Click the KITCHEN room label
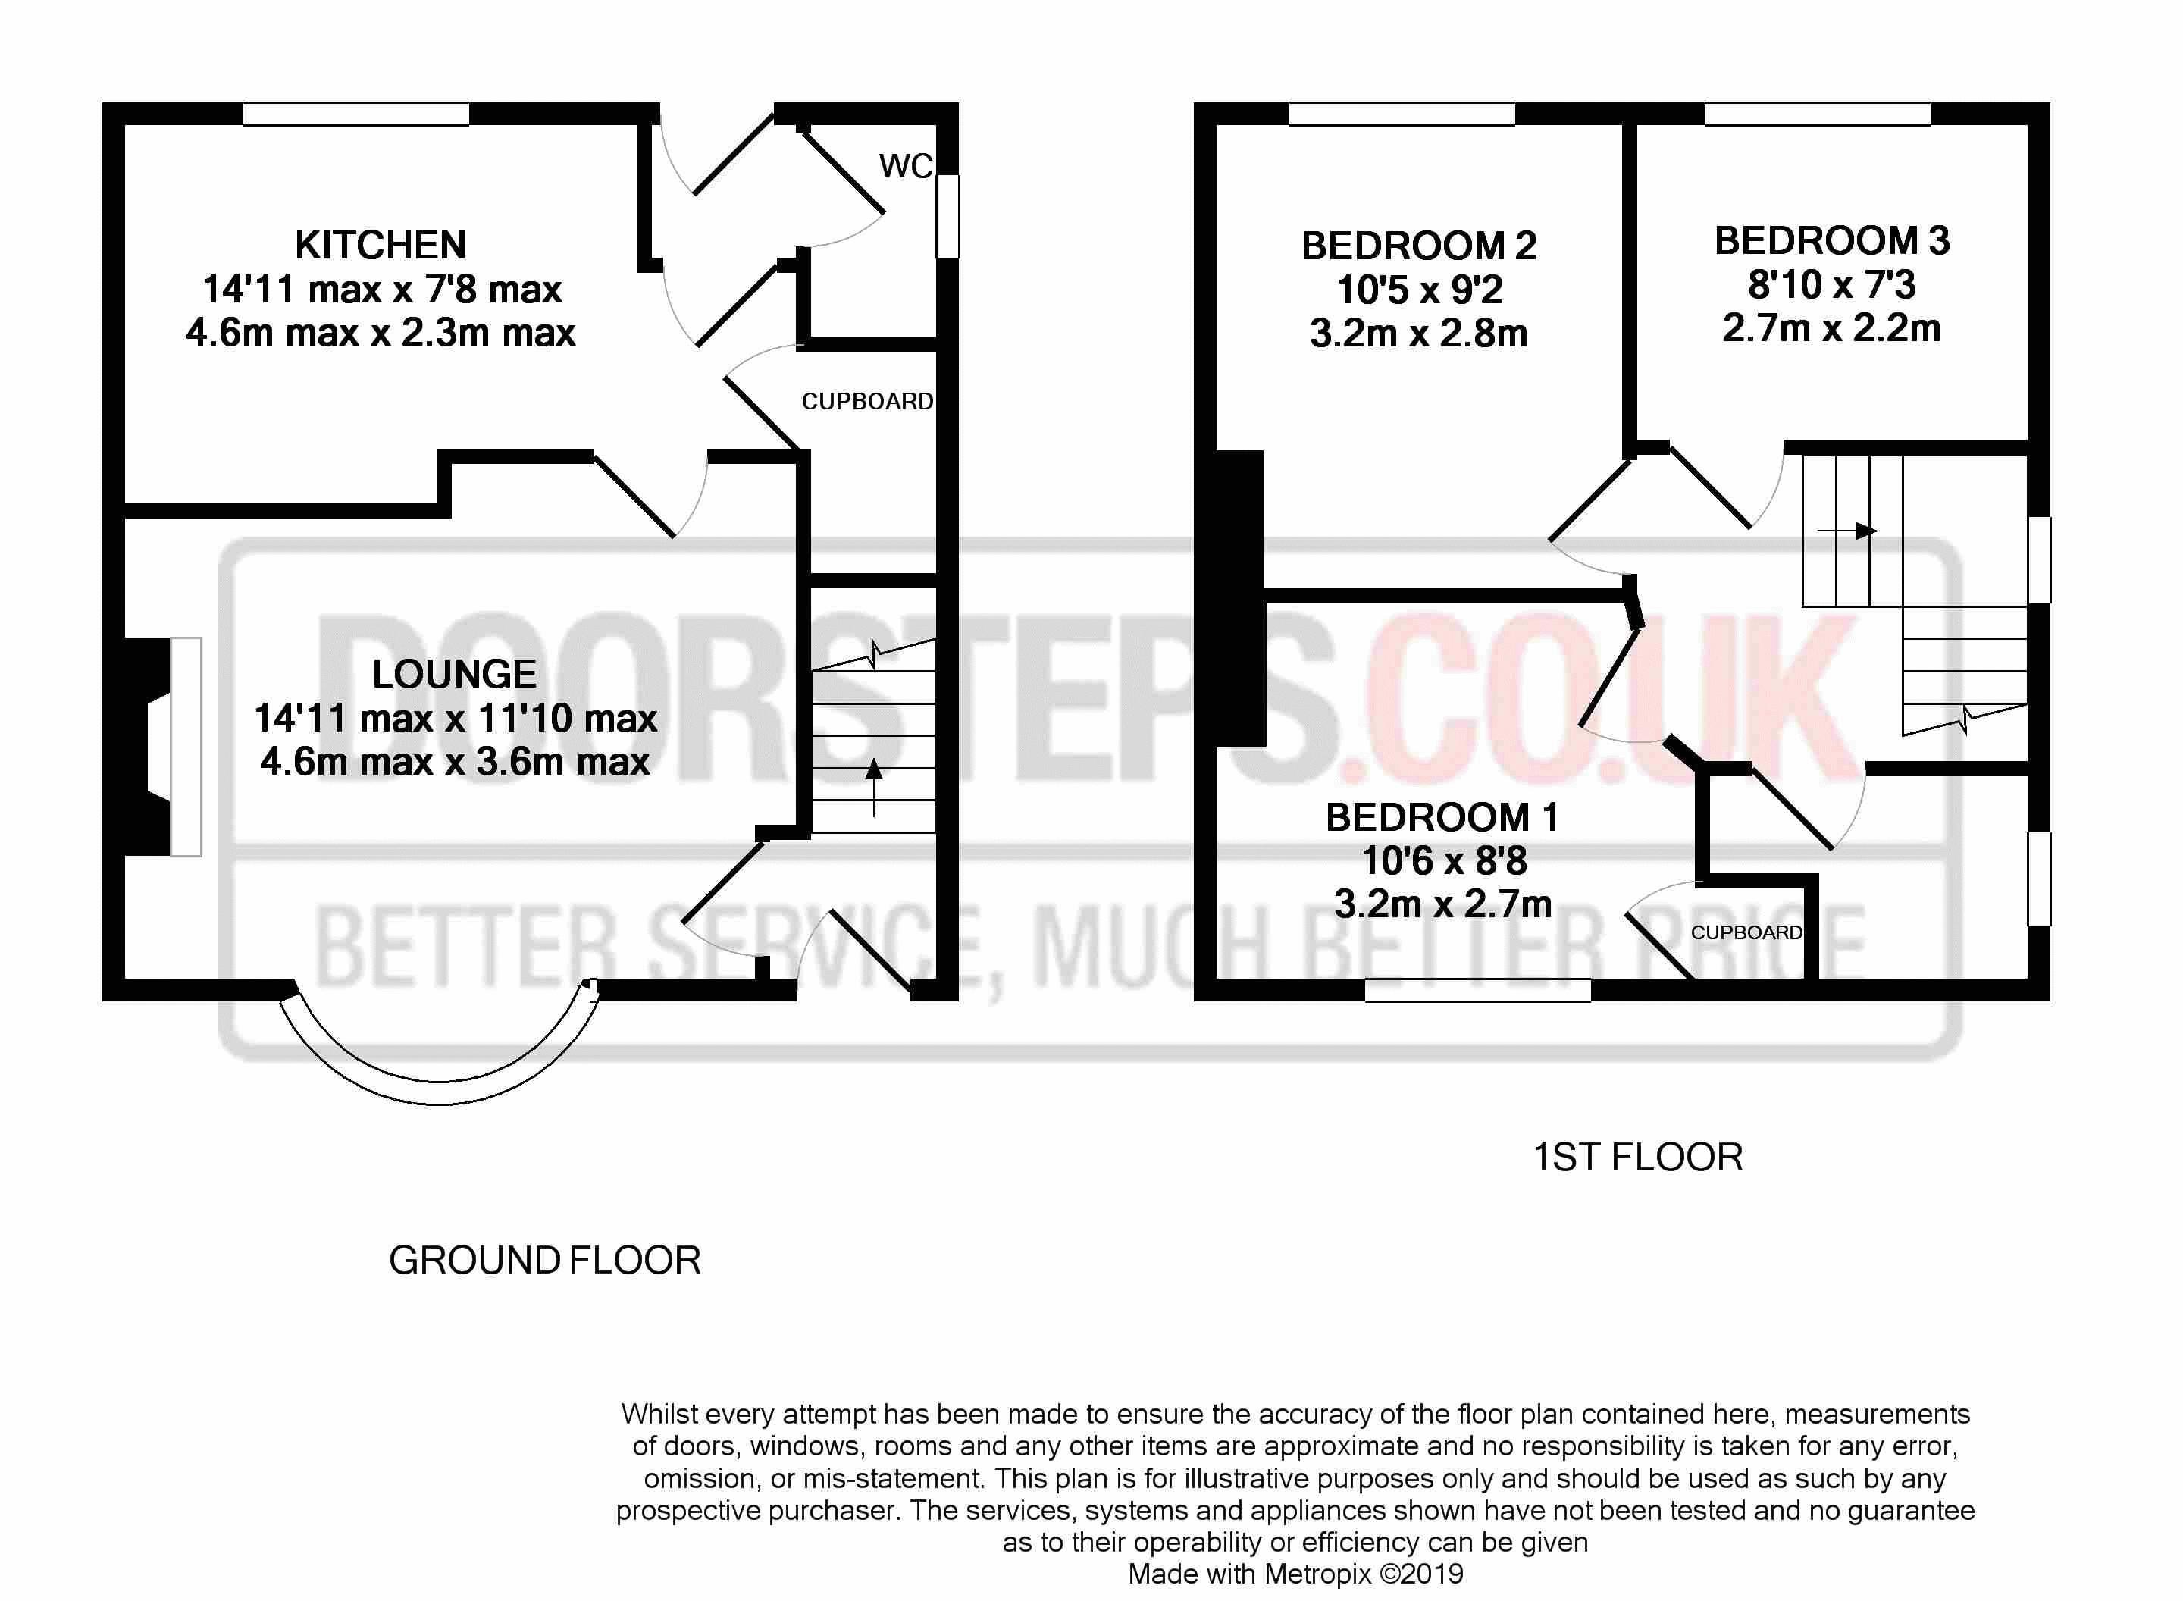tap(380, 245)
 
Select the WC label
tap(905, 167)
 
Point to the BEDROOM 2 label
tap(1418, 246)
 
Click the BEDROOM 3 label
tap(1831, 241)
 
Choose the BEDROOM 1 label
tap(1442, 818)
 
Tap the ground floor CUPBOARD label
tap(867, 401)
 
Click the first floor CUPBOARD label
tap(1746, 932)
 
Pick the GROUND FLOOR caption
tap(544, 1261)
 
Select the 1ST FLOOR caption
tap(1637, 1157)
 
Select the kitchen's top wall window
tap(355, 114)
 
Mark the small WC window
tap(947, 215)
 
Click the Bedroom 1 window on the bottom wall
tap(1477, 989)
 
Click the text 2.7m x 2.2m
tap(1831, 328)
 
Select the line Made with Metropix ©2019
tap(1295, 1574)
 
